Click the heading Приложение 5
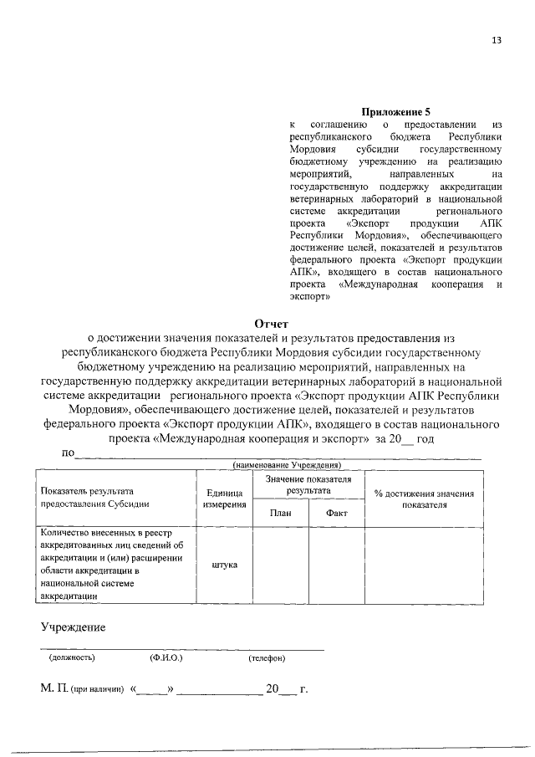395,111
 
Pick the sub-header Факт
337,513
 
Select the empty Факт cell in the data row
337,564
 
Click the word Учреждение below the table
74,628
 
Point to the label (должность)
72,657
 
